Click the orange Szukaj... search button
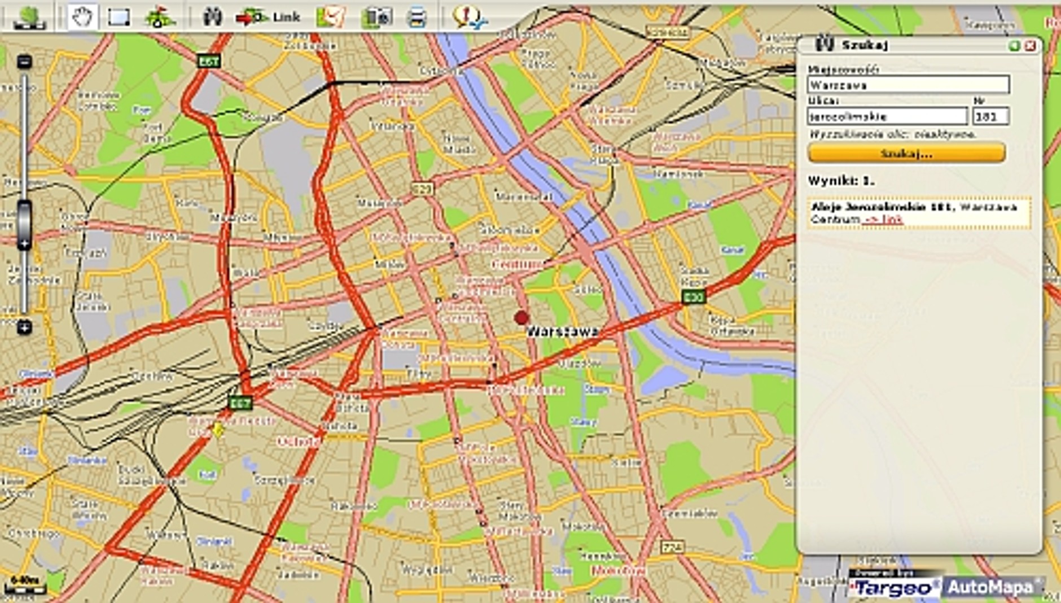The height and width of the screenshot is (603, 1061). coord(906,153)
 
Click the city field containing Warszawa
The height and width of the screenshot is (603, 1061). coord(907,85)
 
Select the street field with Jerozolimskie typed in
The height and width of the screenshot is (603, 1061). coord(887,117)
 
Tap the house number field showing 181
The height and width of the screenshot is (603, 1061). coord(990,117)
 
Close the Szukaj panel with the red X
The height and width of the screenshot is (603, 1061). coord(1030,46)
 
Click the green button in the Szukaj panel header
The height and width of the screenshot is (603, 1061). coord(1014,46)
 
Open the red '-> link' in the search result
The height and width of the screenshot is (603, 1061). coord(883,219)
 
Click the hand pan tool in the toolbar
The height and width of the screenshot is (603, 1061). coord(82,18)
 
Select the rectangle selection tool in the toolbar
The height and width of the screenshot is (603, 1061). coord(119,18)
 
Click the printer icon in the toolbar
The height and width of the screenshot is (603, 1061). coord(416,18)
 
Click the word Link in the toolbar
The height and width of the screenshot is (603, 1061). coord(286,18)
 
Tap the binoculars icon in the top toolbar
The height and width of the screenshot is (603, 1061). coord(212,18)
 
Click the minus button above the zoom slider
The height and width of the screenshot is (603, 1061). coord(24,62)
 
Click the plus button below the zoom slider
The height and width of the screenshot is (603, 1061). coord(24,326)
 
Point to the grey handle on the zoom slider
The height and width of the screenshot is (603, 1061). coord(24,225)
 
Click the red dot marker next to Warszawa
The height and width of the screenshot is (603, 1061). coord(521,318)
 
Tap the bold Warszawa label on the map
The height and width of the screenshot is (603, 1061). coord(562,331)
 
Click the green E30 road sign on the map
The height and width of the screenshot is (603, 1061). coord(693,296)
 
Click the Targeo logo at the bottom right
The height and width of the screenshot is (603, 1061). coord(894,588)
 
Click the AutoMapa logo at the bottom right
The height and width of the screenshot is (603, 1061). coord(991,587)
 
